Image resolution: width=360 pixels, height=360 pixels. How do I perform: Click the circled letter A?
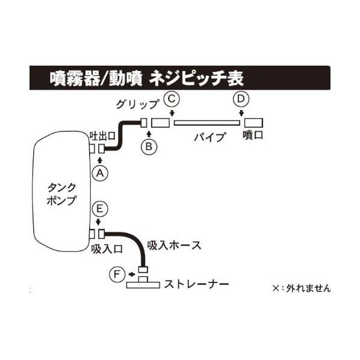pyautogui.click(x=100, y=173)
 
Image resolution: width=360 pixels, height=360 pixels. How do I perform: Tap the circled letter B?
pyautogui.click(x=149, y=147)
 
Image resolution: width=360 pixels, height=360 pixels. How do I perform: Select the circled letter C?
pyautogui.click(x=172, y=99)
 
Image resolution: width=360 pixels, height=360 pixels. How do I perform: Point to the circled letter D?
pyautogui.click(x=241, y=99)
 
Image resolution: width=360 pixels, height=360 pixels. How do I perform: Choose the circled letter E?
pyautogui.click(x=100, y=209)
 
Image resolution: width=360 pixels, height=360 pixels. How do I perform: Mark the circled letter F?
pyautogui.click(x=117, y=274)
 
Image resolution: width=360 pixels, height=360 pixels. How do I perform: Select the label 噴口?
pyautogui.click(x=253, y=135)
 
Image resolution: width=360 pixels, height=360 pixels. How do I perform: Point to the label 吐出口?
pyautogui.click(x=102, y=136)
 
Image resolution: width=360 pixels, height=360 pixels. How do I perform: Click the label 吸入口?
pyautogui.click(x=107, y=249)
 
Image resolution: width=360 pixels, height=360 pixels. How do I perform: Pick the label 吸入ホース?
pyautogui.click(x=174, y=245)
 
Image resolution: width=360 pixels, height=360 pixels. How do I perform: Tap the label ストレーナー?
pyautogui.click(x=196, y=284)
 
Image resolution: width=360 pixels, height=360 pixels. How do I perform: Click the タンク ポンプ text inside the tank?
pyautogui.click(x=61, y=194)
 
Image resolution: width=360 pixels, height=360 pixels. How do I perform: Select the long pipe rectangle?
pyautogui.click(x=207, y=123)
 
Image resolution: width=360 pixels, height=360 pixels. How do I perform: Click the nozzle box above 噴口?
pyautogui.click(x=253, y=123)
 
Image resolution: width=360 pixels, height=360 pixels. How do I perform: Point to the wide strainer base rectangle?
pyautogui.click(x=143, y=285)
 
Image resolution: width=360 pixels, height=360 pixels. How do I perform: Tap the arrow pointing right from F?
pyautogui.click(x=132, y=274)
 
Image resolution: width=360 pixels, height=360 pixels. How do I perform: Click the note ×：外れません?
pyautogui.click(x=302, y=288)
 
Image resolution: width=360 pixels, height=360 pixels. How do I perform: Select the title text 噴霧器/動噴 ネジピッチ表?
pyautogui.click(x=146, y=78)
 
